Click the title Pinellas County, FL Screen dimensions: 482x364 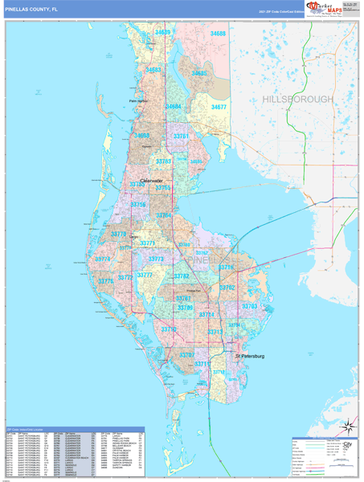31,9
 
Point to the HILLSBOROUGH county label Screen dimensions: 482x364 297,99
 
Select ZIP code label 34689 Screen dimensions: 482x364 163,33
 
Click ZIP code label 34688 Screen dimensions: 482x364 218,34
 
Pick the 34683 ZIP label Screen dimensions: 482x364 153,70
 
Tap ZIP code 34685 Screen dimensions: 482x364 198,73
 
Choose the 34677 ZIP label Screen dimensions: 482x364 219,107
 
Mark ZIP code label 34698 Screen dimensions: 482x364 141,136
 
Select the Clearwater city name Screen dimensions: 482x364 152,181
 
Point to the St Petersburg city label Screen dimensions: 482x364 249,356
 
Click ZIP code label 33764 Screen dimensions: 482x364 163,216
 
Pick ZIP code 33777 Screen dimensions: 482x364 144,276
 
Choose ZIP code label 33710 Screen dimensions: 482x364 168,329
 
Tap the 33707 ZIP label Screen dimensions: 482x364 186,354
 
